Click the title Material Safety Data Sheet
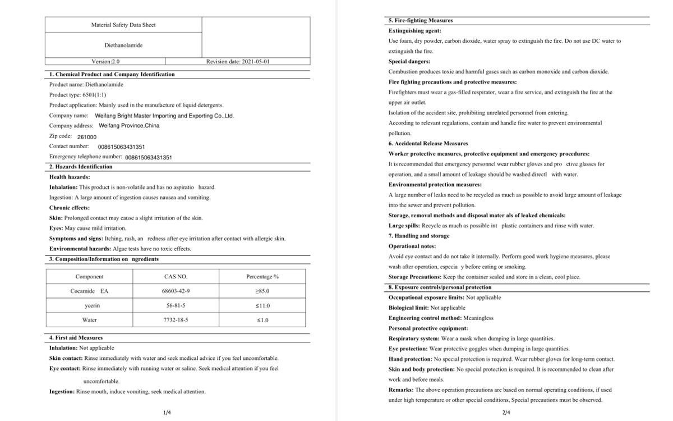tap(123, 25)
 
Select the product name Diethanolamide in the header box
tap(123, 45)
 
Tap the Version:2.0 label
tap(105, 62)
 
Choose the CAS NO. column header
tap(176, 277)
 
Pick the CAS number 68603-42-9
tap(176, 291)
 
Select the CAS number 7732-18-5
tap(176, 320)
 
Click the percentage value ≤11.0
tap(262, 306)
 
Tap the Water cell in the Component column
tap(90, 320)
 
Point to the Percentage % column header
tap(262, 277)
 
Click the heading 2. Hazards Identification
tap(81, 167)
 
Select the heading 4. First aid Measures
tap(76, 338)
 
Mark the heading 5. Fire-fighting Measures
tap(421, 20)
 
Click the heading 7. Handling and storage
tap(419, 236)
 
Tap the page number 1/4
tap(167, 413)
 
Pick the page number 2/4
tap(506, 413)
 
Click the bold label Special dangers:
tap(409, 61)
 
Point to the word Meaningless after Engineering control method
tap(478, 318)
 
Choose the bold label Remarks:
tap(400, 390)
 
